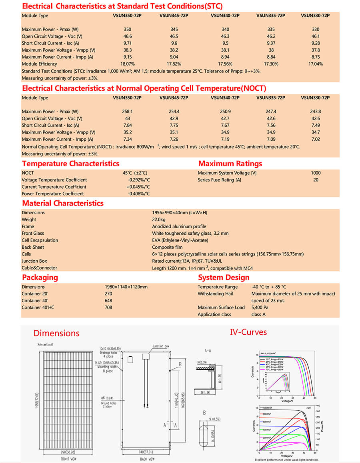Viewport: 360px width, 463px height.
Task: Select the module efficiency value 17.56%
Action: (x=225, y=64)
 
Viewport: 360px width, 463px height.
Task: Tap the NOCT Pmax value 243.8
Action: (x=316, y=112)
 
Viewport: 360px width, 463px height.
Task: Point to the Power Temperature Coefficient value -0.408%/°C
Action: (x=139, y=194)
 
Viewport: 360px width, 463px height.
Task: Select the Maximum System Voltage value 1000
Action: (x=316, y=173)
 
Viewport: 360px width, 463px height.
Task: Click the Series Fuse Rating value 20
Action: (x=316, y=180)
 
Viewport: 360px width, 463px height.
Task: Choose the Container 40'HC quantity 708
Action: (x=108, y=307)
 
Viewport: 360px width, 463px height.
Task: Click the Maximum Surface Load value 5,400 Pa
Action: (x=260, y=307)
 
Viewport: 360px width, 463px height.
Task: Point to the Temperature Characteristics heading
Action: (x=70, y=164)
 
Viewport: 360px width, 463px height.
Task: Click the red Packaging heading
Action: (x=40, y=277)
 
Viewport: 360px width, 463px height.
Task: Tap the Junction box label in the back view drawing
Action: (x=161, y=346)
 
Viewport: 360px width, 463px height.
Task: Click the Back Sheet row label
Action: (x=33, y=247)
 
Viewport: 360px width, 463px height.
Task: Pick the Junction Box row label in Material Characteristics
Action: (x=34, y=261)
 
